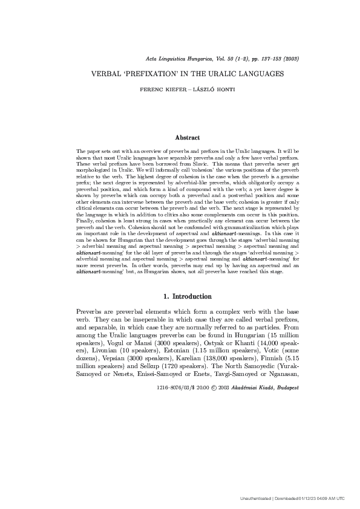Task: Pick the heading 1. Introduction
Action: (188, 297)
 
